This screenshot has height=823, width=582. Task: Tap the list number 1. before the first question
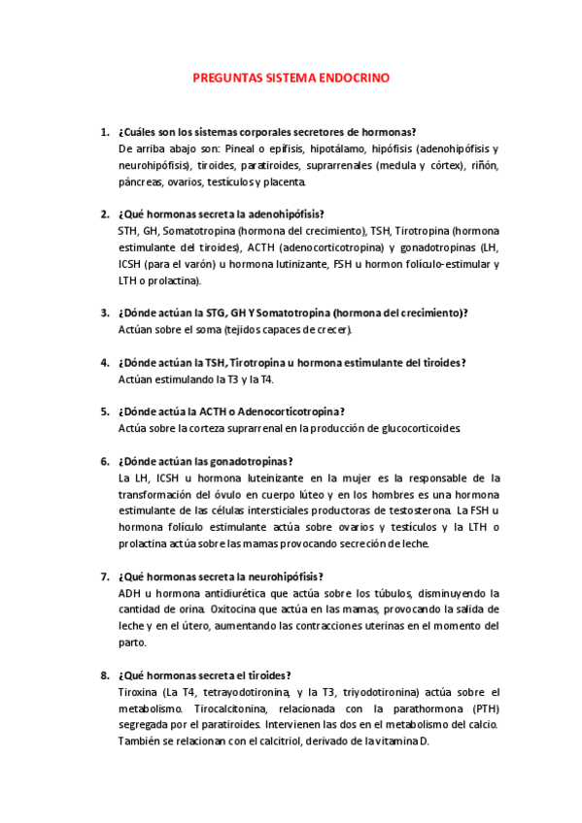click(x=104, y=132)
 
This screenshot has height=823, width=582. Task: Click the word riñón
click(x=484, y=165)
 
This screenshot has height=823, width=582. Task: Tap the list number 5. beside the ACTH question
click(x=104, y=411)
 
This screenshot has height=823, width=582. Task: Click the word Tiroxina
click(x=139, y=692)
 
